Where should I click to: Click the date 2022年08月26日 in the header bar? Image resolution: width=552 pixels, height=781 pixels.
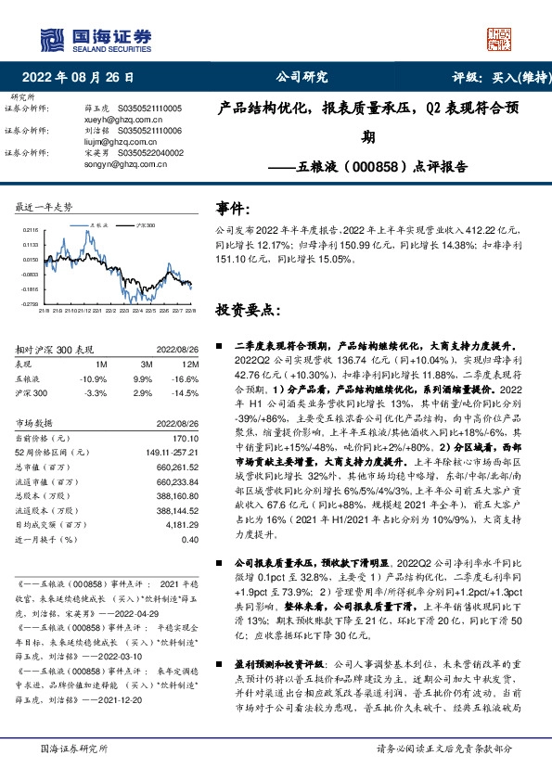click(83, 78)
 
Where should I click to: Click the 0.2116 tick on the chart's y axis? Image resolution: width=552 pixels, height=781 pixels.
click(29, 229)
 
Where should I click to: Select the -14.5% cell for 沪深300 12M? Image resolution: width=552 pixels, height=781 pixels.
click(186, 393)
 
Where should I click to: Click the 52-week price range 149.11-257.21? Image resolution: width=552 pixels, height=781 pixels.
click(167, 453)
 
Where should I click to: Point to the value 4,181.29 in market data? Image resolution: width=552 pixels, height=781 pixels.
click(181, 523)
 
